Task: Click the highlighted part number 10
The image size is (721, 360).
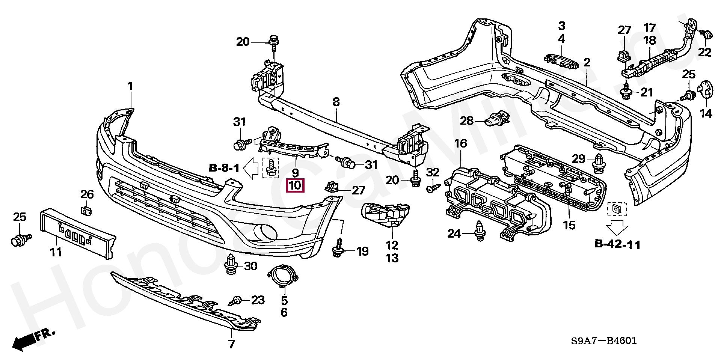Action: coord(295,185)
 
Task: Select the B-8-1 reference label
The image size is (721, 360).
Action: coord(224,168)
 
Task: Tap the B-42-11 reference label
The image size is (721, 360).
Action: coord(617,244)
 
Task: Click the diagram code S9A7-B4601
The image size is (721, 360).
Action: coord(604,341)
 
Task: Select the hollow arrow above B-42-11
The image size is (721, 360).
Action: coord(617,227)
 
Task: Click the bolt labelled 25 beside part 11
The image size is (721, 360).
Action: coord(21,239)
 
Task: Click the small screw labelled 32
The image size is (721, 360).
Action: coord(432,187)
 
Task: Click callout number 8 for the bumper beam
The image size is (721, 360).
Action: coord(336,101)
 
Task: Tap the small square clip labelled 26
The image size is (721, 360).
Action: coord(87,210)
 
